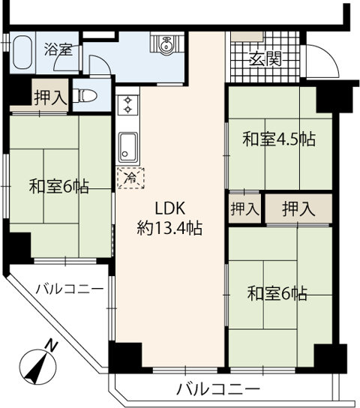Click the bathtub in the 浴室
22,52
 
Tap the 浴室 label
58,49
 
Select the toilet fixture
85,96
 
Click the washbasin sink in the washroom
166,44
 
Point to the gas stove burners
127,105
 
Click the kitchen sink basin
128,147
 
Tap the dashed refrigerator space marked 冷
130,178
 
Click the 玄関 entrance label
265,59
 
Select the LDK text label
170,208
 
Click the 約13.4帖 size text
169,228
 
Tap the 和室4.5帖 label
279,139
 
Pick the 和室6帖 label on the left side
59,186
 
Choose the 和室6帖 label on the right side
277,293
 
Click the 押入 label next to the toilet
49,97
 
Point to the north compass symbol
38,368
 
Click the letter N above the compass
52,346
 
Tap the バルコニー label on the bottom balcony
218,389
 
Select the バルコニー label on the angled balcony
70,289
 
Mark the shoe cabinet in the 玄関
247,36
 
